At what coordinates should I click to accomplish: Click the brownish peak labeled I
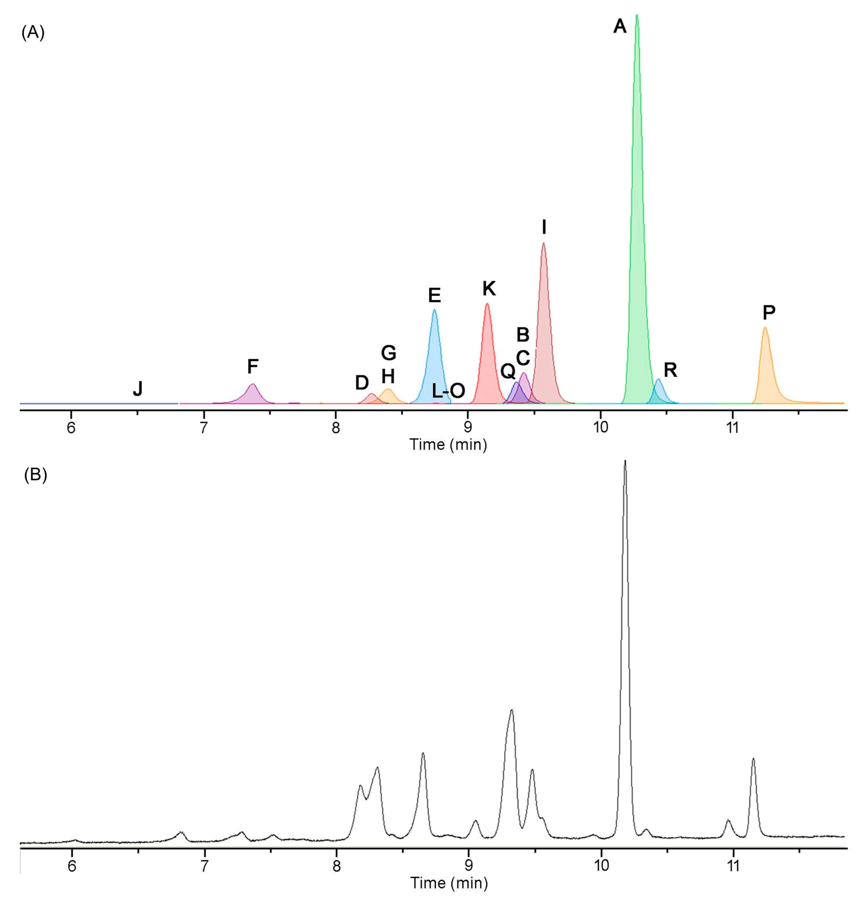[x=544, y=321]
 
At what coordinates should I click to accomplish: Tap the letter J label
[x=138, y=389]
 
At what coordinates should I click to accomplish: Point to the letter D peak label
[x=362, y=383]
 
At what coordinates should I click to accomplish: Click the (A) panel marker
[x=33, y=33]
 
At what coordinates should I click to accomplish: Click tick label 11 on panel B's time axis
[x=733, y=866]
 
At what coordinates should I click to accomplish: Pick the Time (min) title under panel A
[x=448, y=444]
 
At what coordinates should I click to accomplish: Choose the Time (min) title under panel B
[x=449, y=883]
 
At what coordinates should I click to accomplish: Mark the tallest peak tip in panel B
[x=625, y=461]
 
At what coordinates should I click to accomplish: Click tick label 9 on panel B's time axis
[x=469, y=866]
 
